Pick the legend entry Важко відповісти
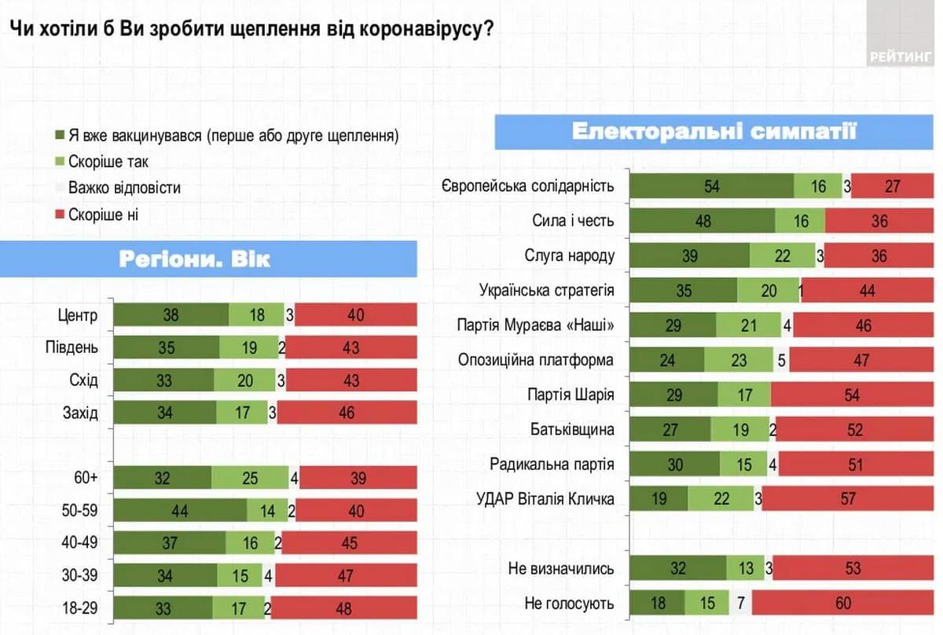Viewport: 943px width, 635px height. coord(124,188)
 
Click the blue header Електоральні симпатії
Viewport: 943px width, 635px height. coord(714,130)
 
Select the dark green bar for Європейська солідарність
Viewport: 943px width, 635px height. coord(711,186)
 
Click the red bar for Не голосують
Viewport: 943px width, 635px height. coord(842,604)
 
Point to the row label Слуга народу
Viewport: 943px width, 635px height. coord(569,255)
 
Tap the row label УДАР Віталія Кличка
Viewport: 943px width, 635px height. coord(545,498)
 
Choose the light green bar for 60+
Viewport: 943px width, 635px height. coord(250,477)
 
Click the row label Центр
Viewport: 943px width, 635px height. coord(77,316)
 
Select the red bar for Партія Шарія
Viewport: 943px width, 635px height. coord(852,395)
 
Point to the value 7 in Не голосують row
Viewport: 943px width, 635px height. coord(741,604)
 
